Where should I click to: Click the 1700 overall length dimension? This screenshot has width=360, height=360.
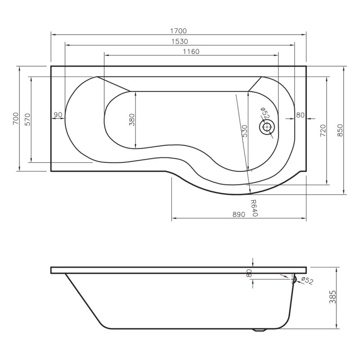(x=178, y=31)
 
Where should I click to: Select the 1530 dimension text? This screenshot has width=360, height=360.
(x=179, y=41)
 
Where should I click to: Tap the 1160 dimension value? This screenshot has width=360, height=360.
(x=191, y=52)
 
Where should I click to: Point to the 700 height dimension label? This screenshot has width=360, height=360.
(x=15, y=118)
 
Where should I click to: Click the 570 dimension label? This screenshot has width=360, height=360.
(x=27, y=119)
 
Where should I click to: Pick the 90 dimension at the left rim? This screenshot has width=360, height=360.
(x=58, y=115)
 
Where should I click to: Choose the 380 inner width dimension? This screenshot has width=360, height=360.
(x=132, y=119)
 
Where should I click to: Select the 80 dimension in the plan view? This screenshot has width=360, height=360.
(x=300, y=115)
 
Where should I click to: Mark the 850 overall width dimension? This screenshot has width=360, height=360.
(x=340, y=130)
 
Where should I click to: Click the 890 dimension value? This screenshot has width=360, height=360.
(x=238, y=215)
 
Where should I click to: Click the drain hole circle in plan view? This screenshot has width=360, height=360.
(x=267, y=127)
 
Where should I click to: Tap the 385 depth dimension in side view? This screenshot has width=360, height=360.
(x=333, y=297)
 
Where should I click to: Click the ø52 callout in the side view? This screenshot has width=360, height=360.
(x=306, y=281)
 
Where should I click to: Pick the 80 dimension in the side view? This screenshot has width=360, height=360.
(x=249, y=273)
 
